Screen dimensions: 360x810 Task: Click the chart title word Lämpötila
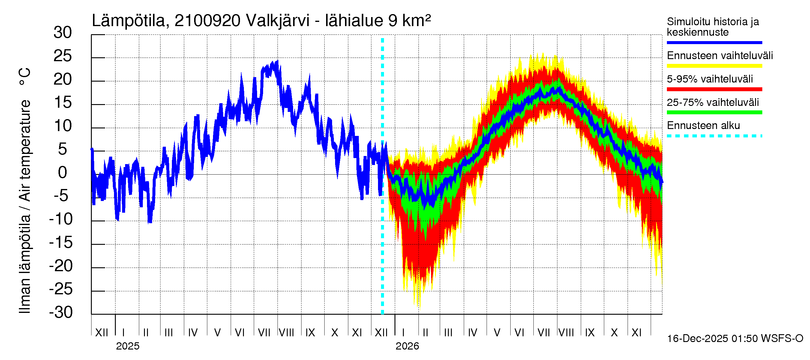[128, 21]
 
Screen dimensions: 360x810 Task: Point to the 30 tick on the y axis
[63, 33]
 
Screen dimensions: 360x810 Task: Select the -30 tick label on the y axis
[61, 312]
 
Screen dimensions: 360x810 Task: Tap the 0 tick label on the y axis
[63, 172]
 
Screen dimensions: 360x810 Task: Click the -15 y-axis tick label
[61, 242]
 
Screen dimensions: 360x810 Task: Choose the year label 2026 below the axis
[407, 346]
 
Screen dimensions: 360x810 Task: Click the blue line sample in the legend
[714, 42]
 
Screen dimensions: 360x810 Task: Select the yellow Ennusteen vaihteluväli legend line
[714, 66]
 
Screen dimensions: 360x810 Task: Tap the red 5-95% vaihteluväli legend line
[714, 89]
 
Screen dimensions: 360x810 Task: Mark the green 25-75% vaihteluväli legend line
[714, 112]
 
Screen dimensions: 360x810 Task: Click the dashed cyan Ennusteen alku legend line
[714, 136]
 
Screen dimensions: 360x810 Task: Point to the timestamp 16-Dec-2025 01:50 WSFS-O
[735, 339]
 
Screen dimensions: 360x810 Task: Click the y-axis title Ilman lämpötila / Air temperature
[25, 190]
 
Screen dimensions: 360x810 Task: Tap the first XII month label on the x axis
[101, 333]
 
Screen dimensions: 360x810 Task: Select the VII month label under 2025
[264, 333]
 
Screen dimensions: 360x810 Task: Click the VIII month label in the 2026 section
[566, 333]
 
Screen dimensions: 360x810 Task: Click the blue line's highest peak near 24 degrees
[277, 62]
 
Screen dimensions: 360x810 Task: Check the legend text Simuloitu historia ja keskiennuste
[712, 27]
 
